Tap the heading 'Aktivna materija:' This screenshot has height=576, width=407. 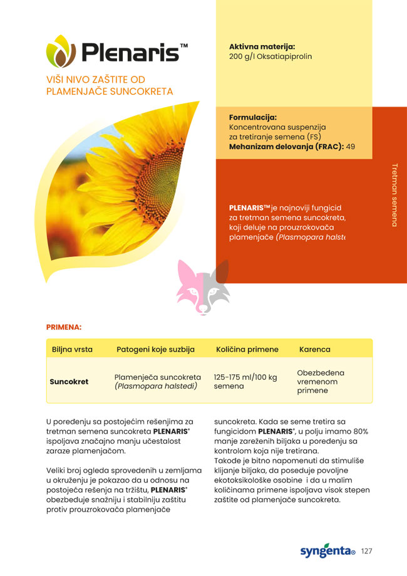point(262,46)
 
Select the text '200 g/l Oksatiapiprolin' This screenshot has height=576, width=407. point(270,56)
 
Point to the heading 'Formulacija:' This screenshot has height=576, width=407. point(253,117)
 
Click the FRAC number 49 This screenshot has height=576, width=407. point(350,147)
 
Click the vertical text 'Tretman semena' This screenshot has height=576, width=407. point(394,195)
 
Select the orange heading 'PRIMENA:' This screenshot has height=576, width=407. point(64,327)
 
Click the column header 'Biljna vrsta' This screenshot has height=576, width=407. point(72,349)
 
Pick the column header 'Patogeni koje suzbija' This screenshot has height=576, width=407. point(155,349)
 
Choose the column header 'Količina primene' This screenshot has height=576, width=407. point(247,349)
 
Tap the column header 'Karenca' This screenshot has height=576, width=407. point(314,349)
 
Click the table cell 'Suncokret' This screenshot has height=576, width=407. point(69,381)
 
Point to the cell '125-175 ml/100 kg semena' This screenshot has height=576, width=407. point(245,382)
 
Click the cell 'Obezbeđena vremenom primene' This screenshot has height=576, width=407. point(321,382)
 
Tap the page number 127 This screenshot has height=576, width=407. point(367,552)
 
